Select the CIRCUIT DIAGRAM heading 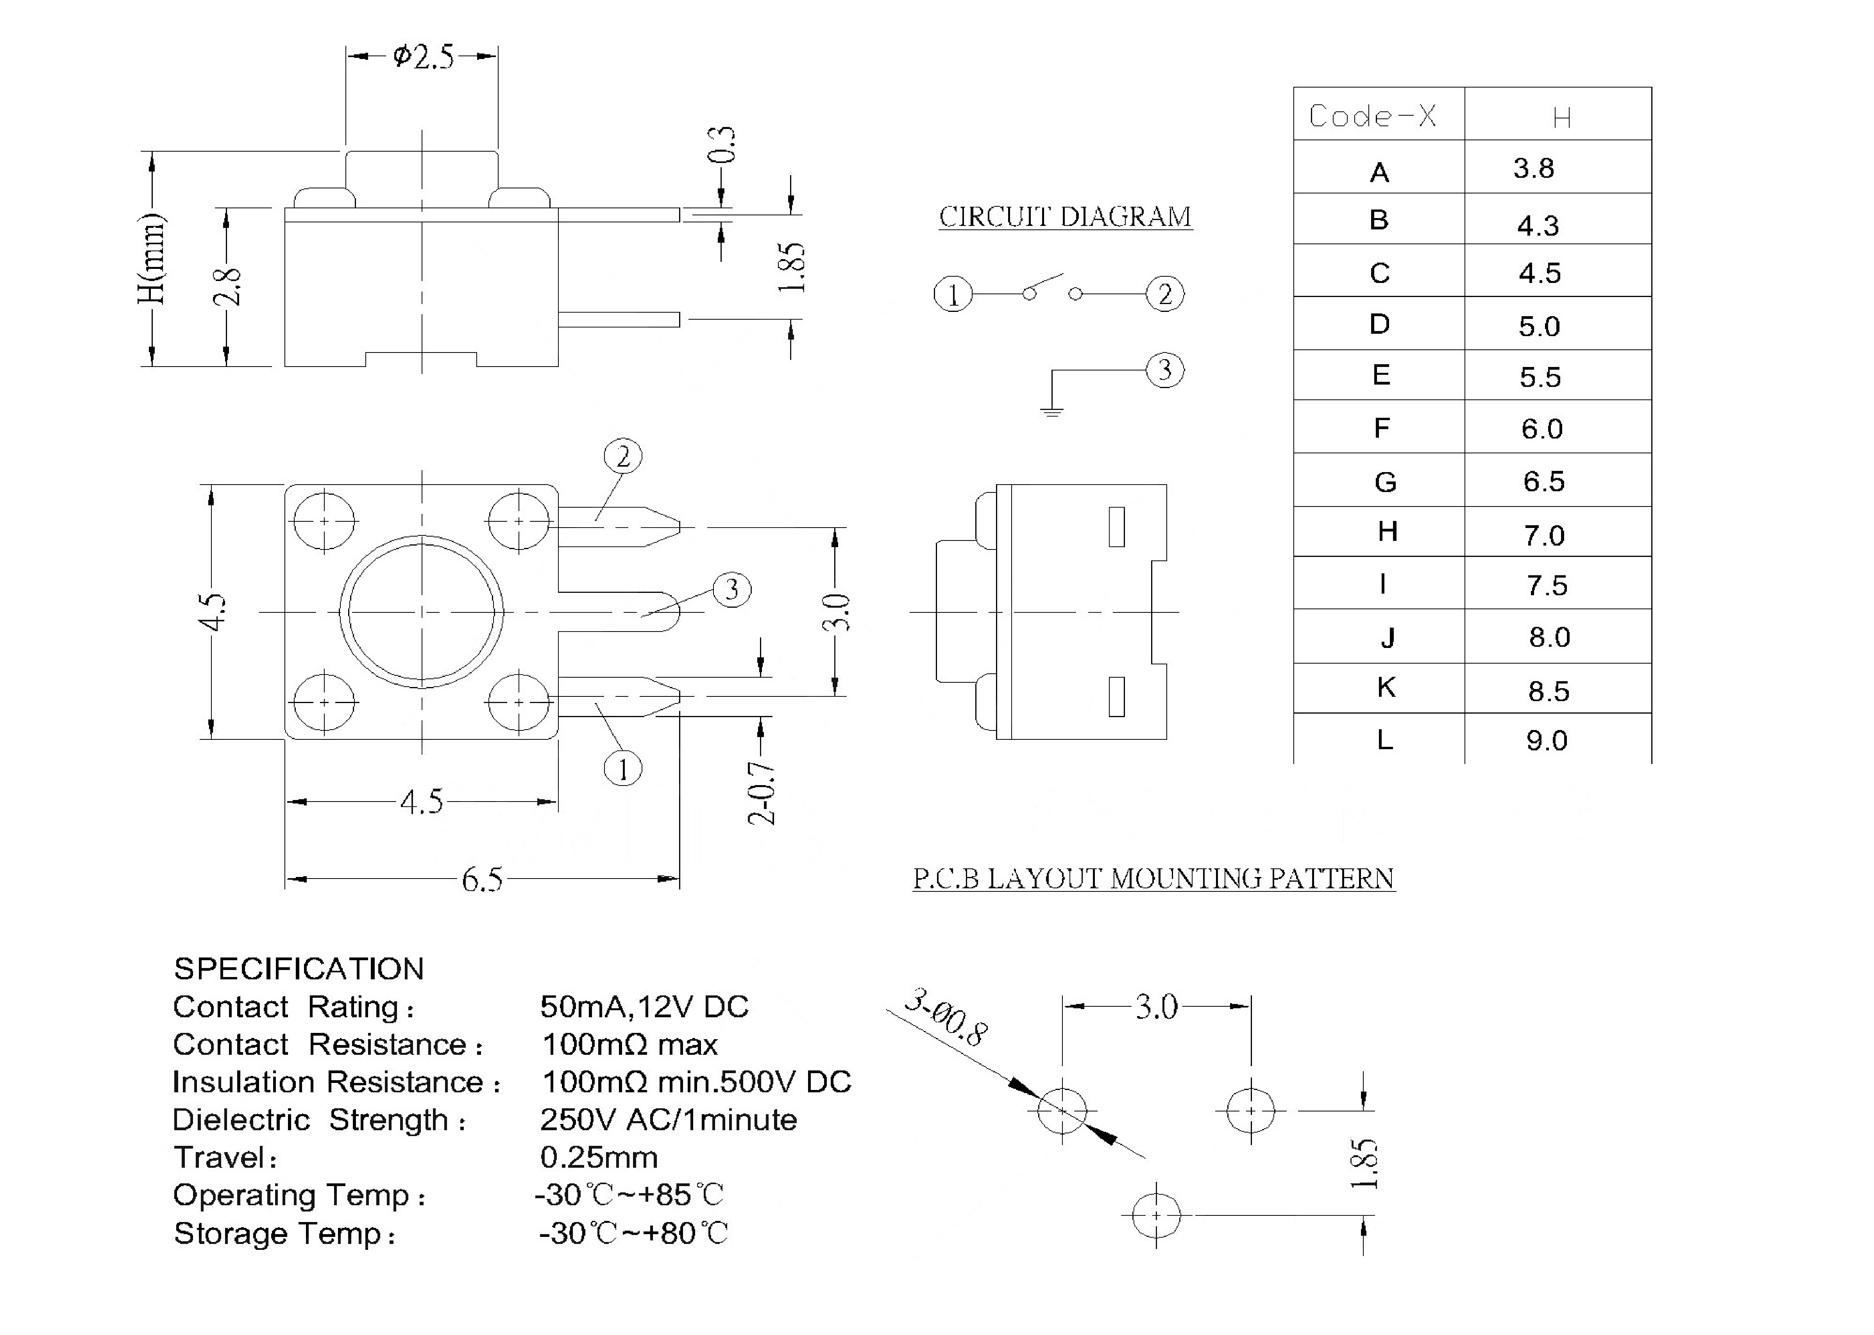1065,217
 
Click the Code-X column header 1373,116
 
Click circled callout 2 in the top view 623,456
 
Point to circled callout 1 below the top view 623,770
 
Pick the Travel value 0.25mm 598,1158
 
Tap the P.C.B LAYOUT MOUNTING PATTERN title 1153,879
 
